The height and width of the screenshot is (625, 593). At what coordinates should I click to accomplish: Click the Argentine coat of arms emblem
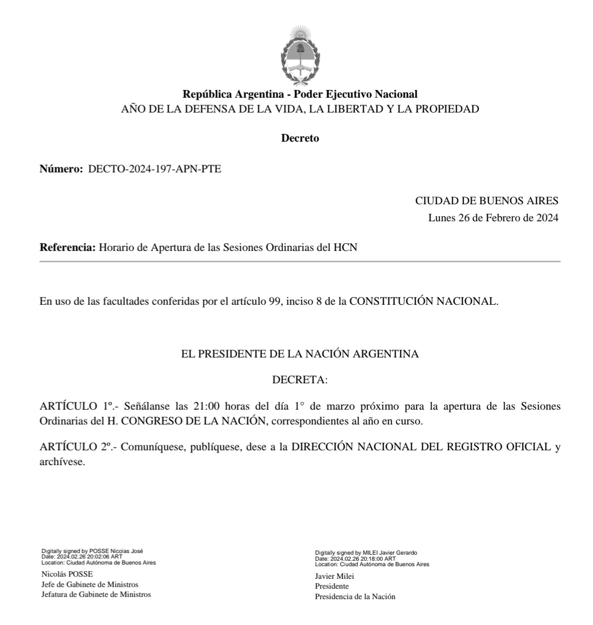[x=300, y=55]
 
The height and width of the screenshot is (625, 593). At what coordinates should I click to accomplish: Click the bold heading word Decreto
[x=300, y=139]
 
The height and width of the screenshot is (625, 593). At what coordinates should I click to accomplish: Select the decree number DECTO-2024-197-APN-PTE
[x=155, y=169]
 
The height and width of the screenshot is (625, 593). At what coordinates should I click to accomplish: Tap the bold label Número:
[x=60, y=169]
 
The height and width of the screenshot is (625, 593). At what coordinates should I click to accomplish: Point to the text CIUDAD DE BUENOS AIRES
[x=486, y=201]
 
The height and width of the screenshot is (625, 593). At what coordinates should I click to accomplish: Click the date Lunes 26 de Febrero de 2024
[x=493, y=218]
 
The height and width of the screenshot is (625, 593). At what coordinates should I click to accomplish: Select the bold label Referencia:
[x=68, y=248]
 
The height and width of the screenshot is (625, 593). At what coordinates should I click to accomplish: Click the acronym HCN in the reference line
[x=345, y=248]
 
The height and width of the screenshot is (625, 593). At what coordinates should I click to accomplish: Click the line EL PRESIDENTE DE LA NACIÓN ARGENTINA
[x=300, y=355]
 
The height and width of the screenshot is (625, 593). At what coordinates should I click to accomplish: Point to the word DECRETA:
[x=300, y=380]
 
